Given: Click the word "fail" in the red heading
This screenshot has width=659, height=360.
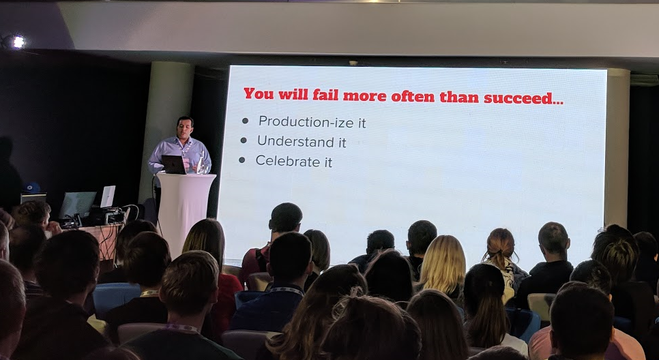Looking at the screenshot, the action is click(x=325, y=95).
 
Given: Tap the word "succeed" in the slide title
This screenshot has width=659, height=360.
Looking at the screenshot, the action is click(x=518, y=98).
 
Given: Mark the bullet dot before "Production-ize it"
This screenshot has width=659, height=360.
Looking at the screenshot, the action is click(x=245, y=121).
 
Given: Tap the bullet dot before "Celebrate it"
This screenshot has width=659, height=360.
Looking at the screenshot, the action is click(x=241, y=160).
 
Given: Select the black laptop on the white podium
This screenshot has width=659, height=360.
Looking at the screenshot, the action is click(x=173, y=165).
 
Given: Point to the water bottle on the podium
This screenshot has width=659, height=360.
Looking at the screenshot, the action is click(x=201, y=162).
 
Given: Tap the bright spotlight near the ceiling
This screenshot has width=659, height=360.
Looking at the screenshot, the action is click(x=18, y=41).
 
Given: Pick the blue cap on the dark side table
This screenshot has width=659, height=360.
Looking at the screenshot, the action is click(x=32, y=187).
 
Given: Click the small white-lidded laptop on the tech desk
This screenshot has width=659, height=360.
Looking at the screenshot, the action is click(x=108, y=196).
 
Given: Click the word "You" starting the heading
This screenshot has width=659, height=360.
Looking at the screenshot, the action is click(x=259, y=93).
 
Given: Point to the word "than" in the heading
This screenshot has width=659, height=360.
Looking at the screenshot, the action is click(x=459, y=97).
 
